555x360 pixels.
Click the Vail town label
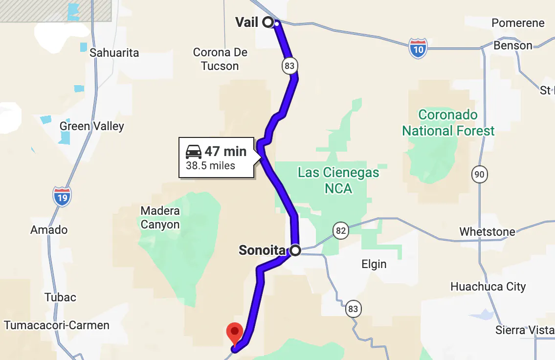point(246,22)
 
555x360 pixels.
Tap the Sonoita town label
point(262,251)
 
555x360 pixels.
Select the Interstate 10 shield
point(418,48)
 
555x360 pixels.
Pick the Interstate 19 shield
point(62,196)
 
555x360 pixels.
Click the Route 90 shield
point(480,174)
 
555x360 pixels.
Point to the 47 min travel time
point(225,152)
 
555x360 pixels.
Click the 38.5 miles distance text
point(210,165)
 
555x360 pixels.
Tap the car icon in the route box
point(194,152)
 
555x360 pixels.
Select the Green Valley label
point(92,126)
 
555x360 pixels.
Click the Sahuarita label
point(114,53)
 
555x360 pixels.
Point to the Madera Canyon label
point(160,218)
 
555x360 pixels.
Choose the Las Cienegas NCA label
point(338,180)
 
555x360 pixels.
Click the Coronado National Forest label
point(448,123)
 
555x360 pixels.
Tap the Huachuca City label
point(488,287)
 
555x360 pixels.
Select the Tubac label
point(61,297)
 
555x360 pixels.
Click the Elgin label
point(374,264)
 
